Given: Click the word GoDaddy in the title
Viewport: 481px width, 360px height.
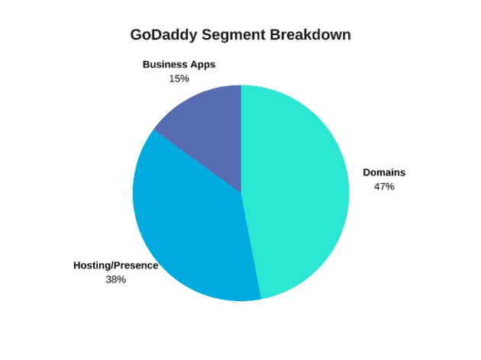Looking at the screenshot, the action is pyautogui.click(x=163, y=35).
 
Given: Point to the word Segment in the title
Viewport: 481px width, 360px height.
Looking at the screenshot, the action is pyautogui.click(x=234, y=35).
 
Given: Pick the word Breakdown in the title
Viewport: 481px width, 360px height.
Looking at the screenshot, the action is pyautogui.click(x=311, y=34).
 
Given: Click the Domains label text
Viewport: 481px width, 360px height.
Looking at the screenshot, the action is pyautogui.click(x=384, y=172).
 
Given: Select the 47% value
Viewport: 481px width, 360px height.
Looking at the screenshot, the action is pyautogui.click(x=384, y=187).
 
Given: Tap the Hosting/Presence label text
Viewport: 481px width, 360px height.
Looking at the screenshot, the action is pyautogui.click(x=115, y=265).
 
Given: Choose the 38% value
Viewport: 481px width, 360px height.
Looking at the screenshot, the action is pyautogui.click(x=115, y=279).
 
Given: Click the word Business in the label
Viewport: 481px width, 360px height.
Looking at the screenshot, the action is pyautogui.click(x=165, y=65).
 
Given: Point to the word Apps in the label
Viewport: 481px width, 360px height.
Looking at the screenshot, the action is pyautogui.click(x=203, y=65).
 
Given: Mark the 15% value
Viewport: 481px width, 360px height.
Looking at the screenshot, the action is pyautogui.click(x=179, y=79).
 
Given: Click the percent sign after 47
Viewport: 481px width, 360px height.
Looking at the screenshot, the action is pyautogui.click(x=390, y=187).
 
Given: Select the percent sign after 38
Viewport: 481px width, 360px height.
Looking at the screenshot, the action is pyautogui.click(x=121, y=279).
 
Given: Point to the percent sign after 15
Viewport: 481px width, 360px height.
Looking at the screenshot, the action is pyautogui.click(x=185, y=79).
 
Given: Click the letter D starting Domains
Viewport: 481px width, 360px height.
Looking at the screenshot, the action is pyautogui.click(x=366, y=172).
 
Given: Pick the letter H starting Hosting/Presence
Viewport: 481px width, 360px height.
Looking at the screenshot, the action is pyautogui.click(x=77, y=265).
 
